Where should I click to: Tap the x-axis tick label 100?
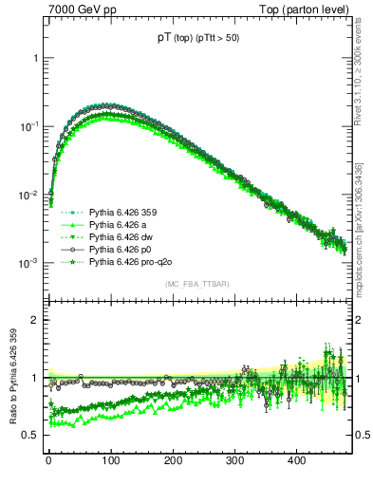pos(110,460)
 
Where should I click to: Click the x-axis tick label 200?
pos(173,460)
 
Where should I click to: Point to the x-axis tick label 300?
pos(234,460)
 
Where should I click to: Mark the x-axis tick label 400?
pos(296,460)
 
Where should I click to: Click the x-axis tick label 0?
pos(48,460)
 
